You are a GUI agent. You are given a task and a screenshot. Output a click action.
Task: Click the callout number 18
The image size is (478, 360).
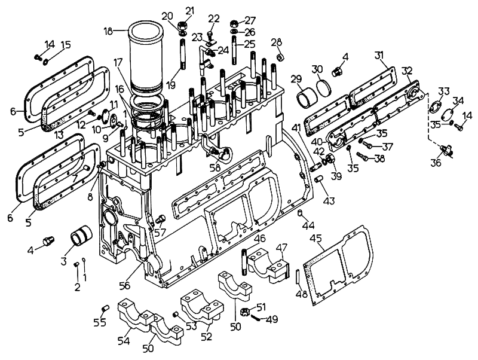click(x=108, y=30)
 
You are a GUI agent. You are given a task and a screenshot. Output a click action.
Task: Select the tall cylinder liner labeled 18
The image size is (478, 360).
click(x=147, y=57)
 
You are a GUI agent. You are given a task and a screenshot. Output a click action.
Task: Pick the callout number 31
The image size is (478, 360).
click(x=379, y=55)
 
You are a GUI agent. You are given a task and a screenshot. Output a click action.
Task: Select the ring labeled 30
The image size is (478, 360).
click(x=327, y=87)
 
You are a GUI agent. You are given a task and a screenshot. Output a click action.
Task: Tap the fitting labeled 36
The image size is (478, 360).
click(x=445, y=149)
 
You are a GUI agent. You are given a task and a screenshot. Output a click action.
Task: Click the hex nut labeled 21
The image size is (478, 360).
click(x=185, y=26)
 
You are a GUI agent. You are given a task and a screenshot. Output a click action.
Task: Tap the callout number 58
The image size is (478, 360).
click(x=215, y=167)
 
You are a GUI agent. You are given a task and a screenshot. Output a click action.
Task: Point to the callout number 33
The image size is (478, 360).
click(x=443, y=90)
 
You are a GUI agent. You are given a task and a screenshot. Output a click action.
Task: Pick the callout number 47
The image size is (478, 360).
click(x=281, y=247)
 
